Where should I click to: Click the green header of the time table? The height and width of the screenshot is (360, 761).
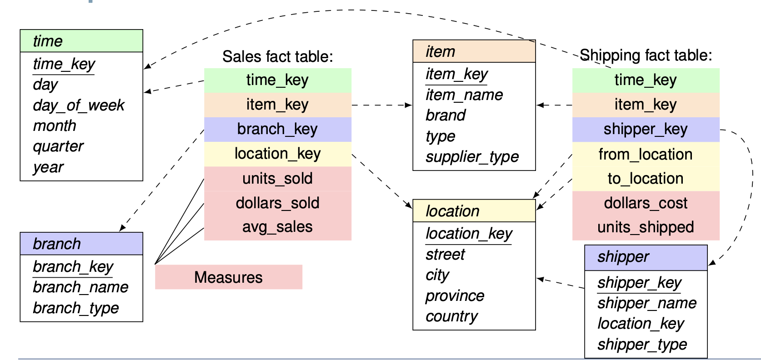tap(81, 41)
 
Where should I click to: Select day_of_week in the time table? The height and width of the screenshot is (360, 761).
tap(79, 105)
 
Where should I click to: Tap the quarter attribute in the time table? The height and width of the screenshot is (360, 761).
tap(58, 147)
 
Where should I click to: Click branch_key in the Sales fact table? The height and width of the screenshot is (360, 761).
tap(278, 130)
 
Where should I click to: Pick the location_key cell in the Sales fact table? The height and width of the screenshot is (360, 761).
tap(278, 154)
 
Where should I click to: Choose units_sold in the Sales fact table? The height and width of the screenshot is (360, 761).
tap(278, 179)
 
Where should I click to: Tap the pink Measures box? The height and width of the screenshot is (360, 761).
tap(229, 277)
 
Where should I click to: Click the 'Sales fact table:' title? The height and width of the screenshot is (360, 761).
tap(278, 56)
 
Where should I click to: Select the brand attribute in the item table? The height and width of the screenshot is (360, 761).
tap(446, 115)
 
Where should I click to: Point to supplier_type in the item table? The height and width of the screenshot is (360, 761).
tap(472, 157)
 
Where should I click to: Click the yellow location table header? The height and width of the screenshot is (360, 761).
tap(474, 211)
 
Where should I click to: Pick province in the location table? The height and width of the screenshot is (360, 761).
tap(455, 296)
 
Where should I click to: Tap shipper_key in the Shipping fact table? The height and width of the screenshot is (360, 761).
tap(646, 130)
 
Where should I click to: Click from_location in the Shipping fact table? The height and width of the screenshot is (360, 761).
tap(646, 155)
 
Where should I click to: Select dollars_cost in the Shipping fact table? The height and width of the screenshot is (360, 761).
tap(646, 203)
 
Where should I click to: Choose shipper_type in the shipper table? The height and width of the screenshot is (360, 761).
tap(642, 345)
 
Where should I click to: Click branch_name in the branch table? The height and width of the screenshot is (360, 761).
tap(80, 287)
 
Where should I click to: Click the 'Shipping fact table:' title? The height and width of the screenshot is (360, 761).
tap(646, 55)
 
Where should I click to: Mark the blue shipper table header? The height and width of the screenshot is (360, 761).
tap(646, 258)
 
